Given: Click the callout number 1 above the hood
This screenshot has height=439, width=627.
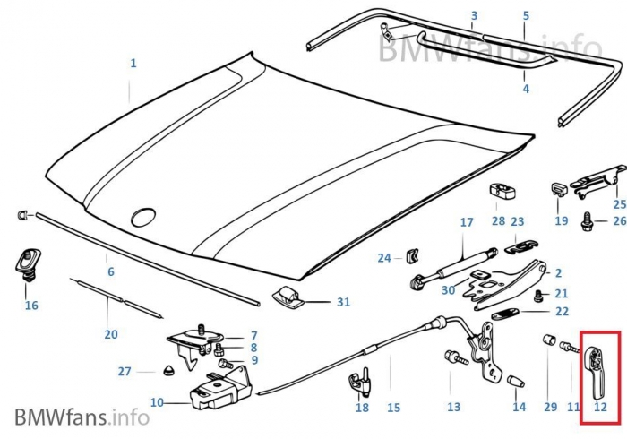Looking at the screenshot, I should pyautogui.click(x=133, y=64).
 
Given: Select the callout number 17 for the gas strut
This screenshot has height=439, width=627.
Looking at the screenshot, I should pyautogui.click(x=466, y=222).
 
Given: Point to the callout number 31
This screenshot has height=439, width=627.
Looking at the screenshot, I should pyautogui.click(x=343, y=302).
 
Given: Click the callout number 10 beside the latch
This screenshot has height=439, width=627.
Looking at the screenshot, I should pyautogui.click(x=157, y=402).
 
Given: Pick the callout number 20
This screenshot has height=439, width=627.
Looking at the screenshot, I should pyautogui.click(x=110, y=334).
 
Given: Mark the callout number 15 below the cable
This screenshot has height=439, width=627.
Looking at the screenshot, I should pyautogui.click(x=393, y=408).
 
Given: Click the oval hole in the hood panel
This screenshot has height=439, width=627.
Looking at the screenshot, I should pyautogui.click(x=143, y=217).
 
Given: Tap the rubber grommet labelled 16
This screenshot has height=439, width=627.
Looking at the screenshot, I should pyautogui.click(x=25, y=263).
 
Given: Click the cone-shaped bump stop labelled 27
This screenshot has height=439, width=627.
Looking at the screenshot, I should pyautogui.click(x=168, y=371).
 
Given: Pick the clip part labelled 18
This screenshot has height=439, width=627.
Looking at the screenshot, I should pyautogui.click(x=361, y=380).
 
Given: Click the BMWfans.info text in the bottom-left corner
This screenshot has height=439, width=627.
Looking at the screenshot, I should pyautogui.click(x=82, y=417).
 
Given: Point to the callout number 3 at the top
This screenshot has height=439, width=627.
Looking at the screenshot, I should pyautogui.click(x=474, y=16).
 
